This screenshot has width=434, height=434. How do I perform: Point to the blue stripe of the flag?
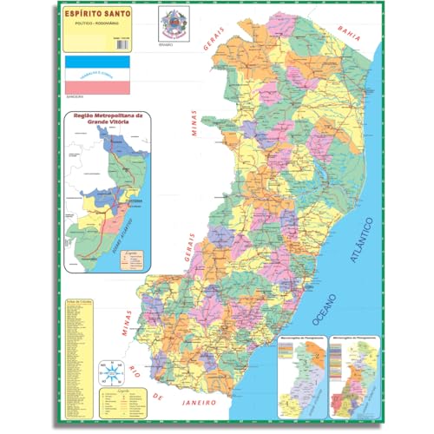[98, 63]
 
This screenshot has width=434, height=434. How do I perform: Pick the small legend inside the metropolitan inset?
[131, 259]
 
